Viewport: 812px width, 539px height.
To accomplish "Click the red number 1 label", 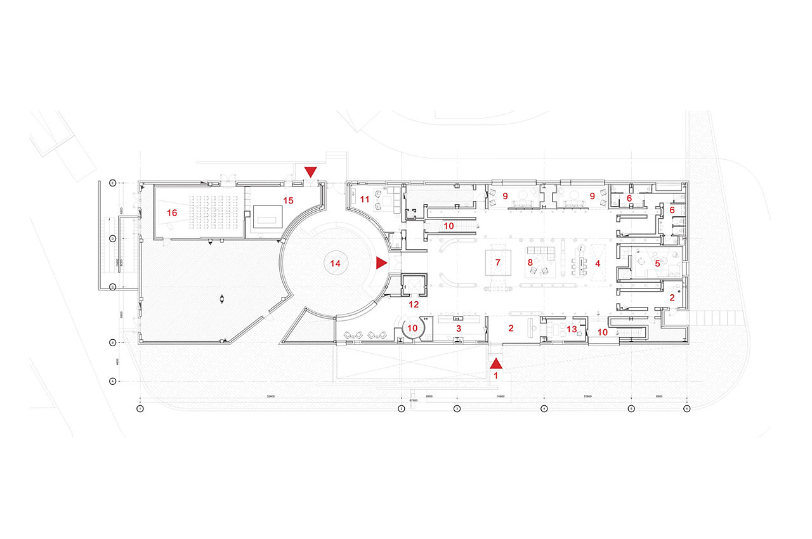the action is (x=496, y=375).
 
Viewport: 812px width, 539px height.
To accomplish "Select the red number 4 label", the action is (x=597, y=262).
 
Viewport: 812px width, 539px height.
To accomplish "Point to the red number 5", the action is (x=658, y=262).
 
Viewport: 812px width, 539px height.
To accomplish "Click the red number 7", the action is (x=498, y=262).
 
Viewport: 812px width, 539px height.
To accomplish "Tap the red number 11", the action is (x=364, y=199).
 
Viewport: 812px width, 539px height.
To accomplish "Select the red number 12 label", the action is (x=413, y=304).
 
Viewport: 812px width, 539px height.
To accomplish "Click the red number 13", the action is (x=572, y=328).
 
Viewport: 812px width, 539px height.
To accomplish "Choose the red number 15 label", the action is (x=289, y=200).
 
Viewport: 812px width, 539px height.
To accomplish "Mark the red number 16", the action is (x=172, y=213).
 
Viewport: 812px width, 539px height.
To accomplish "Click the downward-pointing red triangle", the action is (x=310, y=172).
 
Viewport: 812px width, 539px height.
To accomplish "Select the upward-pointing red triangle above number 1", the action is (x=496, y=363).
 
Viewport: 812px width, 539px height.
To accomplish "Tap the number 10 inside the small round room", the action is (x=413, y=328).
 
